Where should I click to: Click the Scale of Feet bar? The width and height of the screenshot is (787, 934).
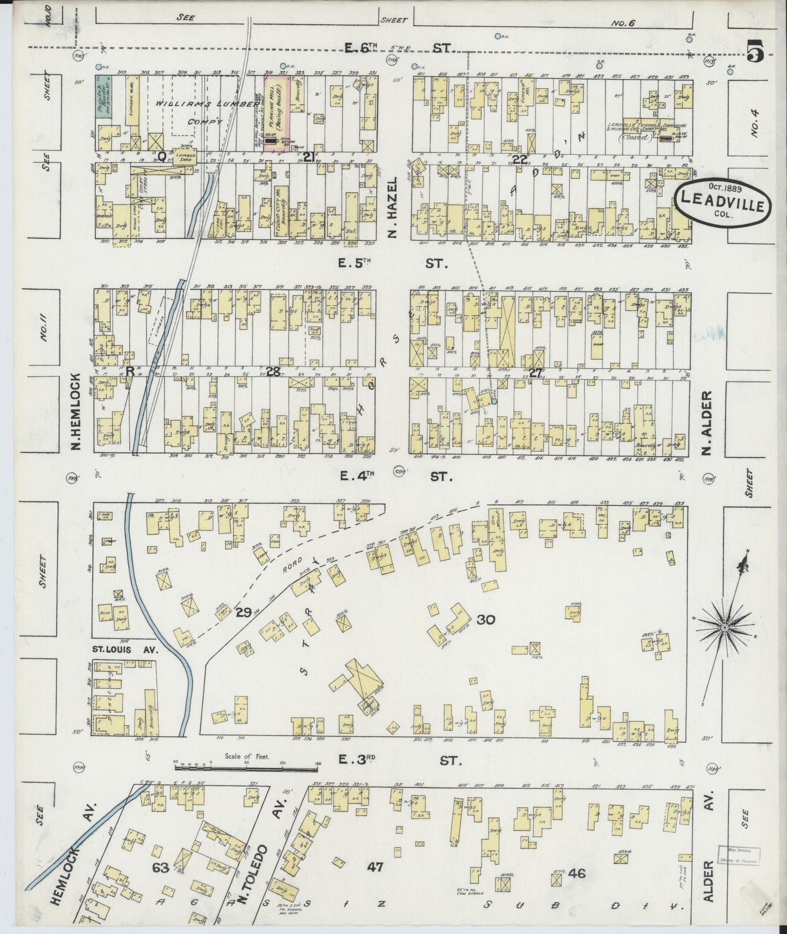(246, 769)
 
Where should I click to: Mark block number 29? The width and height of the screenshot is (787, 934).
(243, 611)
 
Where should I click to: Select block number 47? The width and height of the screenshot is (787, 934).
(375, 865)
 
